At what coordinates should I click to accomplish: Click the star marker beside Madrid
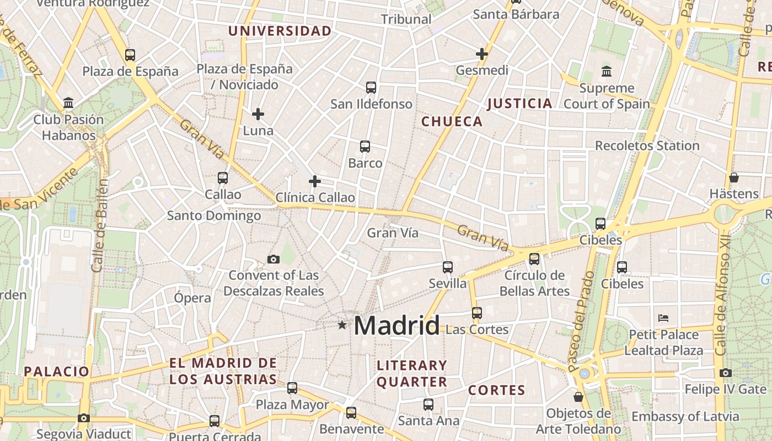point(342,325)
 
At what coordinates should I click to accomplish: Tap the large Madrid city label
point(396,325)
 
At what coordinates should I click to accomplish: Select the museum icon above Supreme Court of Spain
point(607,71)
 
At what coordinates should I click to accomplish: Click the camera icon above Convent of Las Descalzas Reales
point(273,259)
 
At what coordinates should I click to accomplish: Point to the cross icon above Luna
point(258,114)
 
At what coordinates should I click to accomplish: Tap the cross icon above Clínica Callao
point(315,181)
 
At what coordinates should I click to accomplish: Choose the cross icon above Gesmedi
point(482,54)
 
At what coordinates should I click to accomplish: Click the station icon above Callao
point(223,178)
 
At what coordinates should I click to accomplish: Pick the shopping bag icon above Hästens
point(733,178)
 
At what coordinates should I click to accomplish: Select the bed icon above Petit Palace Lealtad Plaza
point(663,318)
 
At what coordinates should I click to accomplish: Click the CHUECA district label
point(452,122)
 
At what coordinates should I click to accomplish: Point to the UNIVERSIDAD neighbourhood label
point(280,31)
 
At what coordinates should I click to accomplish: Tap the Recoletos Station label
point(647,146)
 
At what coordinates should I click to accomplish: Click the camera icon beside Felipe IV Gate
point(726,373)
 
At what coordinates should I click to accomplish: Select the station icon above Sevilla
point(448,267)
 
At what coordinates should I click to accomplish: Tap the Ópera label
point(192,298)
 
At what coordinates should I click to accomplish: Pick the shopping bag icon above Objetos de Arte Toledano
point(578,397)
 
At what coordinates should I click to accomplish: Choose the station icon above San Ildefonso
point(371,87)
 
